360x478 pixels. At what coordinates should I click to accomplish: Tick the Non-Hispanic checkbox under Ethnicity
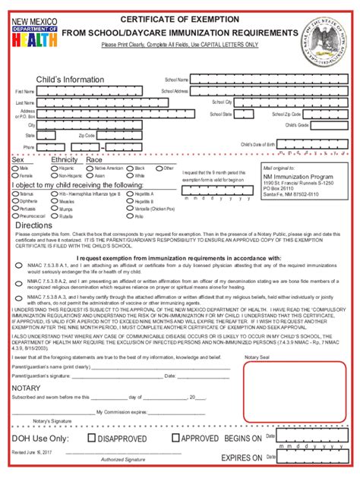[53, 175]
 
